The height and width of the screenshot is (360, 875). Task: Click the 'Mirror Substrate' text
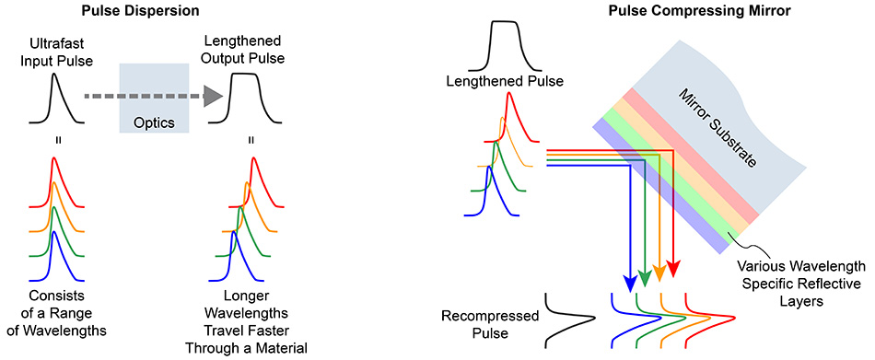[x=717, y=128]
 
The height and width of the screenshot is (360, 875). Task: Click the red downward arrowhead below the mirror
[x=673, y=270]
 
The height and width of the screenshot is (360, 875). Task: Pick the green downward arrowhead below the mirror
[x=645, y=276]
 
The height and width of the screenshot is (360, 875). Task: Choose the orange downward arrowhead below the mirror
[x=659, y=273]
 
